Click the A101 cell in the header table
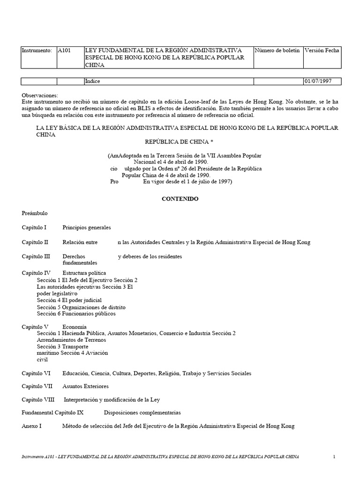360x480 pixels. pyautogui.click(x=64, y=50)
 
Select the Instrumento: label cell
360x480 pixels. pyautogui.click(x=37, y=50)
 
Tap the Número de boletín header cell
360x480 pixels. pyautogui.click(x=277, y=50)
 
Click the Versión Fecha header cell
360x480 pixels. pyautogui.click(x=322, y=50)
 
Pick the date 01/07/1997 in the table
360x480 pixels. pyautogui.click(x=318, y=81)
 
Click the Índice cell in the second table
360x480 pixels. pyautogui.click(x=92, y=81)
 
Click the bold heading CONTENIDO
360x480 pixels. pyautogui.click(x=180, y=199)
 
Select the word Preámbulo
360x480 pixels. pyautogui.click(x=35, y=213)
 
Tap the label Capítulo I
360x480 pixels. pyautogui.click(x=34, y=227)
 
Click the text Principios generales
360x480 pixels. pyautogui.click(x=87, y=227)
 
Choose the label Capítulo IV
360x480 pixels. pyautogui.click(x=36, y=272)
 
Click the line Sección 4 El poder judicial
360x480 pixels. pyautogui.click(x=69, y=300)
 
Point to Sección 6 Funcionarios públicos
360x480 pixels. pyautogui.click(x=76, y=314)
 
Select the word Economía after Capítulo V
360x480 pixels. pyautogui.click(x=74, y=326)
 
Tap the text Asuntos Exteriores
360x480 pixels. pyautogui.click(x=85, y=386)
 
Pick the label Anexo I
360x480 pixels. pyautogui.click(x=32, y=426)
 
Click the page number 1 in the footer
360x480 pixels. pyautogui.click(x=334, y=456)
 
